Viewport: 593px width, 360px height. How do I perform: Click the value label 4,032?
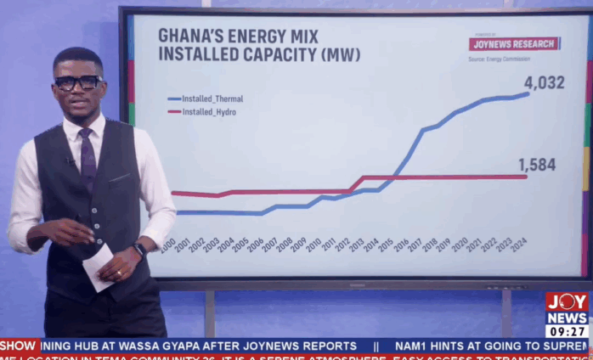[x=544, y=82]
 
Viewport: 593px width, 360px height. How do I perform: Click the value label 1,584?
[x=537, y=165]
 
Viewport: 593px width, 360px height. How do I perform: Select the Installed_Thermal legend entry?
[x=208, y=98]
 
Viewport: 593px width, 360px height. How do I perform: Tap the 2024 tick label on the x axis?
[x=519, y=245]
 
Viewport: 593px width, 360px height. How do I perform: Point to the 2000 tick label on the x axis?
[x=168, y=245]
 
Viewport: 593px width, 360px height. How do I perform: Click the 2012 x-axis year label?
[x=342, y=245]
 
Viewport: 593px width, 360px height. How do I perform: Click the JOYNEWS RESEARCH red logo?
[x=514, y=43]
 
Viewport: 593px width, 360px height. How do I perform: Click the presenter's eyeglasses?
[x=78, y=82]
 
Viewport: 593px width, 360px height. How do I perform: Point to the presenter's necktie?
[x=88, y=158]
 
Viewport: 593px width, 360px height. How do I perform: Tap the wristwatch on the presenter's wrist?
[x=139, y=250]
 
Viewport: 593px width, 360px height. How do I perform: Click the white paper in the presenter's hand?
[x=98, y=267]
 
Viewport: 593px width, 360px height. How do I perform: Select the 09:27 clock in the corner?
[x=567, y=331]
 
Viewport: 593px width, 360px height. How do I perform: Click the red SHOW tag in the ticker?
[x=19, y=346]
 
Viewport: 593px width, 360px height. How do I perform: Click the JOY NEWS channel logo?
[x=567, y=308]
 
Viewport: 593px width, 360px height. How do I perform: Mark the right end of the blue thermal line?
[x=528, y=94]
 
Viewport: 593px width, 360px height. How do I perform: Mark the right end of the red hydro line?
[x=527, y=177]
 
